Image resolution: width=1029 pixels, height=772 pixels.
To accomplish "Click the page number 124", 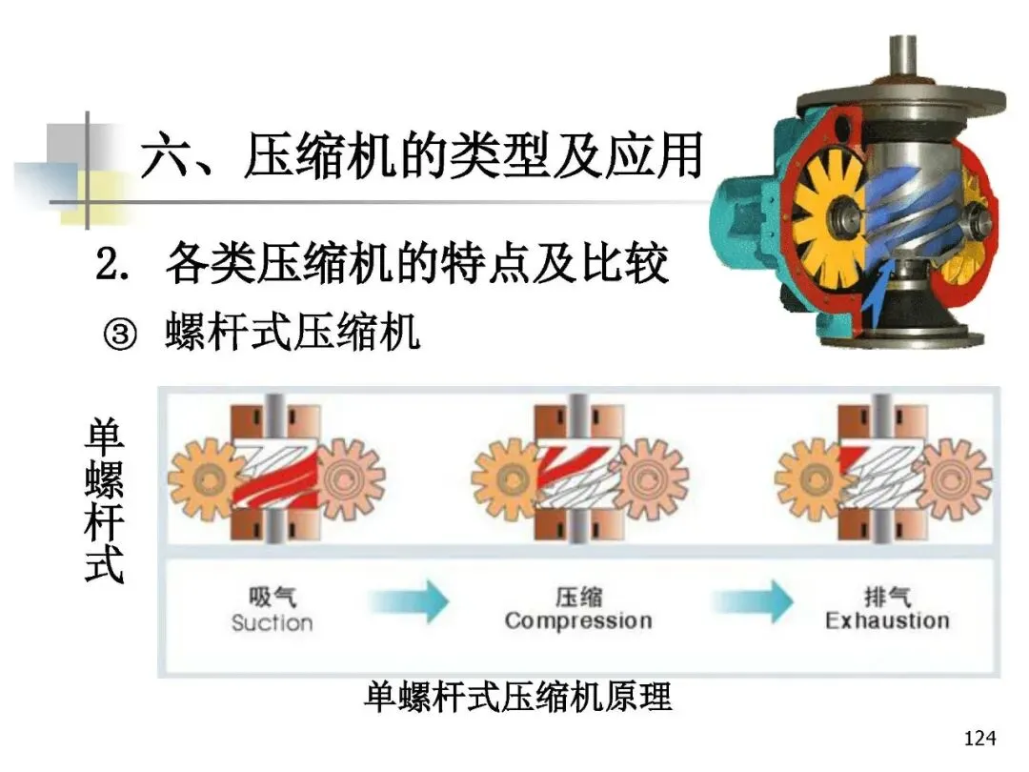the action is (979, 739).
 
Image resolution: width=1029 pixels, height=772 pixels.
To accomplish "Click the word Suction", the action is (272, 623).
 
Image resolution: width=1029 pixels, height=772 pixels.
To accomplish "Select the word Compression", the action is (578, 621).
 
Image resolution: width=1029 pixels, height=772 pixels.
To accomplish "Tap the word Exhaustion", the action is (887, 621).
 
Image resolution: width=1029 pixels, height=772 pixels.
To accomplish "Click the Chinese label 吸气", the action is (272, 598).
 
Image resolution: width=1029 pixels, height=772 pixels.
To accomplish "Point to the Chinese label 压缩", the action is (578, 598).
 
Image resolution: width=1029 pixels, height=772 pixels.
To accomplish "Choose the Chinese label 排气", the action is (887, 598).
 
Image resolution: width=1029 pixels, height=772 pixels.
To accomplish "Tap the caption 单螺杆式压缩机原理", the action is (518, 697).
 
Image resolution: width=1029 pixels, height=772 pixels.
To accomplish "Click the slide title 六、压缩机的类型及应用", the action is (420, 156).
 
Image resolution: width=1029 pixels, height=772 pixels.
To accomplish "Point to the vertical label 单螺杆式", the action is (104, 502).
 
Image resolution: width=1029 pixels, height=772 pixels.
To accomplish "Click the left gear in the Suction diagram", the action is (206, 473).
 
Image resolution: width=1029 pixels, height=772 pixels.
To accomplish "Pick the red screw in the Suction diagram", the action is (272, 476).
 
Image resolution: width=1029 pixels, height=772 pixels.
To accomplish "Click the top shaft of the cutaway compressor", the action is (902, 57).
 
